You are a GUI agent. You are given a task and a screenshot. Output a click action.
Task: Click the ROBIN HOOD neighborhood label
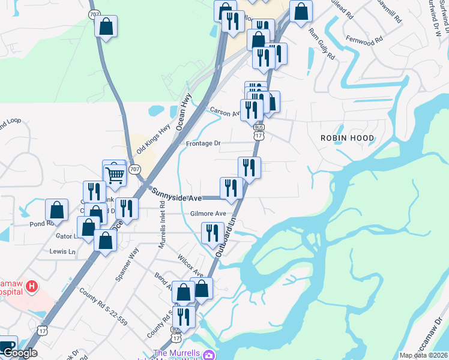[x=347, y=138]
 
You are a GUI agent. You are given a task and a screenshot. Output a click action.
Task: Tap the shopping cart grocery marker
[x=115, y=175]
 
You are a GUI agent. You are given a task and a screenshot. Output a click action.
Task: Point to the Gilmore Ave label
[x=208, y=214]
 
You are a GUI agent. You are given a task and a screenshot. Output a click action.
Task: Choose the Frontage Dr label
[x=203, y=143]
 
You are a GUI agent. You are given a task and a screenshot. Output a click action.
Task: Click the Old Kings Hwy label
[x=154, y=139]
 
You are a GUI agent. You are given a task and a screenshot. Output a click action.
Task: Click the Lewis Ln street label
[x=62, y=251]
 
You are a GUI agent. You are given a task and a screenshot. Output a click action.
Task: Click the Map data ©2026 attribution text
[x=423, y=355]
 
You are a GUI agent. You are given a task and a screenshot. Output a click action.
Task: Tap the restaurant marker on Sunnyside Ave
[x=231, y=188]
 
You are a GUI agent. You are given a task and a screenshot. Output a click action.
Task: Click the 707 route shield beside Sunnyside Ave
[x=135, y=170]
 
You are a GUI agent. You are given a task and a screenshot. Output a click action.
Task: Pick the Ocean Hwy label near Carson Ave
[x=183, y=112]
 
